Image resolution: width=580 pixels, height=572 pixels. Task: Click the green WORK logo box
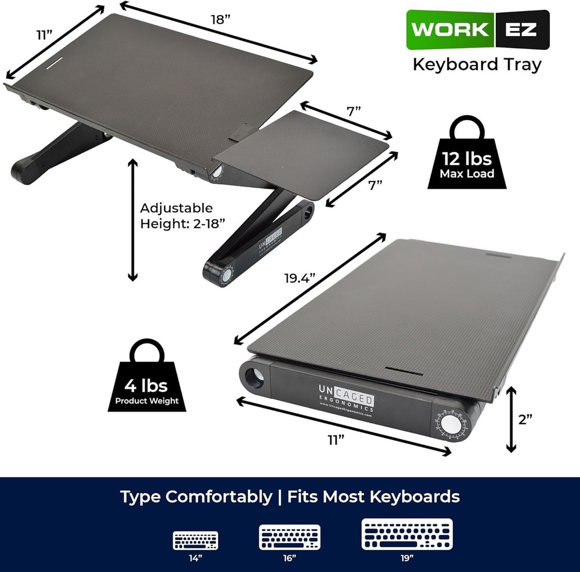[x=451, y=30]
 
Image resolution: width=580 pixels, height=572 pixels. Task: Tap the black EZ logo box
[x=521, y=30]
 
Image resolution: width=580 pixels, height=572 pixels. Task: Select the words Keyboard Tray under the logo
[x=476, y=64]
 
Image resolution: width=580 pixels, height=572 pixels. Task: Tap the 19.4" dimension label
[x=299, y=278]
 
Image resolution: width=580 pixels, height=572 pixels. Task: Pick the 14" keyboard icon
[x=195, y=541]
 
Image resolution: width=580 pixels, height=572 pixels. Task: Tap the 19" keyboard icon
[x=406, y=534]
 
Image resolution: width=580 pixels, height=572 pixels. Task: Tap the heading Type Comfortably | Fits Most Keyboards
[x=290, y=497]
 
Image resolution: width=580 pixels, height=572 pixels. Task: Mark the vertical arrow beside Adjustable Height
[x=133, y=220]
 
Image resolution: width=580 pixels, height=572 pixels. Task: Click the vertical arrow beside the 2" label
[x=510, y=420]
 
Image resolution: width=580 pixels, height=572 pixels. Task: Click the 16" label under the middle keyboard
[x=290, y=558]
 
